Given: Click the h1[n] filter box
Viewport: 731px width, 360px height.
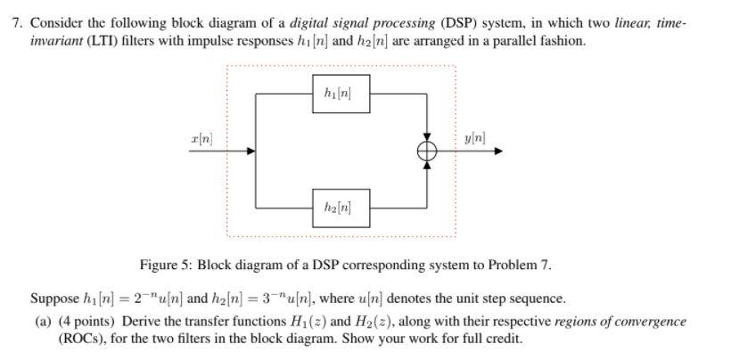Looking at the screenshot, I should tap(341, 94).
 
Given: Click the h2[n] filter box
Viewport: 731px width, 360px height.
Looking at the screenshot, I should tap(341, 208).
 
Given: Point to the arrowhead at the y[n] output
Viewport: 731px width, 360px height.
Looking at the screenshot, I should tap(498, 151).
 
